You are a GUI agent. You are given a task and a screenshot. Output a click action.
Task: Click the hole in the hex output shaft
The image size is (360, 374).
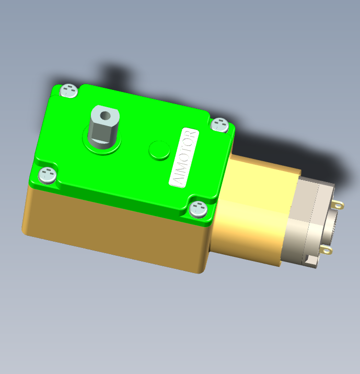point(105,116)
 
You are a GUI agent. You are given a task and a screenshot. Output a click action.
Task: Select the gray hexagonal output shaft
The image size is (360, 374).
point(103,127)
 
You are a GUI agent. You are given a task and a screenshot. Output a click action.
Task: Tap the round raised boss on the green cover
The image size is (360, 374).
point(159,150)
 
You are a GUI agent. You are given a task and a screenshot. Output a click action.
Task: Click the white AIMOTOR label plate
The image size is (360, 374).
point(184,157)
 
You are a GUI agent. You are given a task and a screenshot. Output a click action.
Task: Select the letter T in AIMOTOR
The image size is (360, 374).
point(188,148)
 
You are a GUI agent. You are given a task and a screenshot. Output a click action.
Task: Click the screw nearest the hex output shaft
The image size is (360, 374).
point(69,90)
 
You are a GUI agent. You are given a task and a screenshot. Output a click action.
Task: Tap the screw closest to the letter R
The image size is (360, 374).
point(220,124)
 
